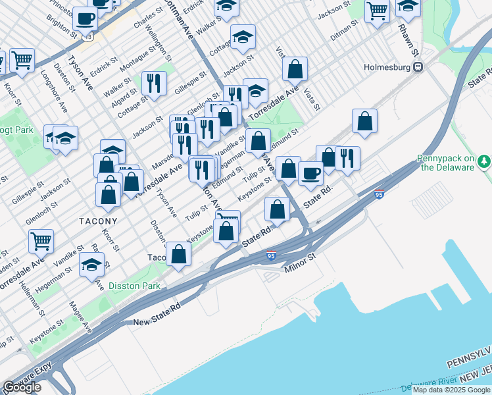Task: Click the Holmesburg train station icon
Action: (x=417, y=67)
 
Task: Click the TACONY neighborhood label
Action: (x=99, y=221)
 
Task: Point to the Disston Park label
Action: (x=134, y=286)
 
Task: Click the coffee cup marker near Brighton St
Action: (x=84, y=18)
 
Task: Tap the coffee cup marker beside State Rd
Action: (x=310, y=173)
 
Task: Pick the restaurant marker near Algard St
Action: (x=153, y=82)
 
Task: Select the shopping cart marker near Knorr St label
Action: (x=22, y=61)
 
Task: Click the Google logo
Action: (x=22, y=387)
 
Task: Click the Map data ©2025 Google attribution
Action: (x=451, y=390)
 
